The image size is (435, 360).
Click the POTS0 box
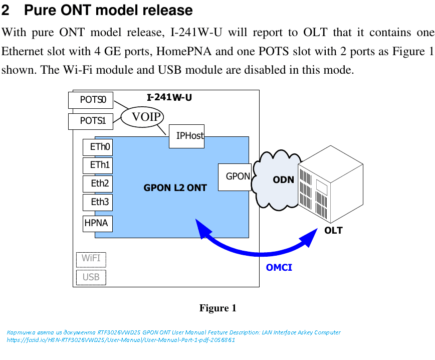(x=91, y=100)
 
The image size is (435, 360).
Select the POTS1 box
(x=91, y=121)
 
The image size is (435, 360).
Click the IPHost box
(x=186, y=136)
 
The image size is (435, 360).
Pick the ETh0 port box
(x=98, y=147)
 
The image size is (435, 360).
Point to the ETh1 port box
(x=98, y=165)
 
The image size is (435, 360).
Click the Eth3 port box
(x=98, y=202)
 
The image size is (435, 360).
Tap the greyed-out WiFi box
(x=91, y=259)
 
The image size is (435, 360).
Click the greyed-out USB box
(x=91, y=277)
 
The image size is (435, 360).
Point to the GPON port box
(x=235, y=176)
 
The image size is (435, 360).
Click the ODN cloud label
(x=283, y=179)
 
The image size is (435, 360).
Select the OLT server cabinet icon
(x=330, y=185)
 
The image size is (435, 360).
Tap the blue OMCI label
(x=279, y=267)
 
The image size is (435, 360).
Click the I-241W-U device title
(x=169, y=97)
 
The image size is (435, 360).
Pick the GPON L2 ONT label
(x=175, y=188)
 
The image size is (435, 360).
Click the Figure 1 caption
(x=217, y=308)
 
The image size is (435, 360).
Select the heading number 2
(x=7, y=10)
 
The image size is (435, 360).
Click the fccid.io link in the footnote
(x=121, y=340)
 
